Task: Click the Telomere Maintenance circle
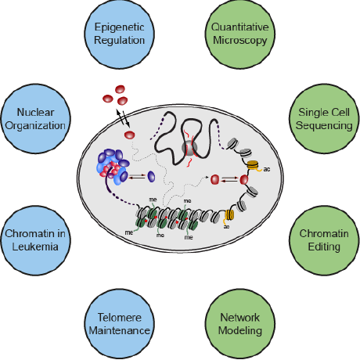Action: [118, 322]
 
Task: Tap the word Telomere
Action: [118, 315]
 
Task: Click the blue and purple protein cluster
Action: [113, 167]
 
